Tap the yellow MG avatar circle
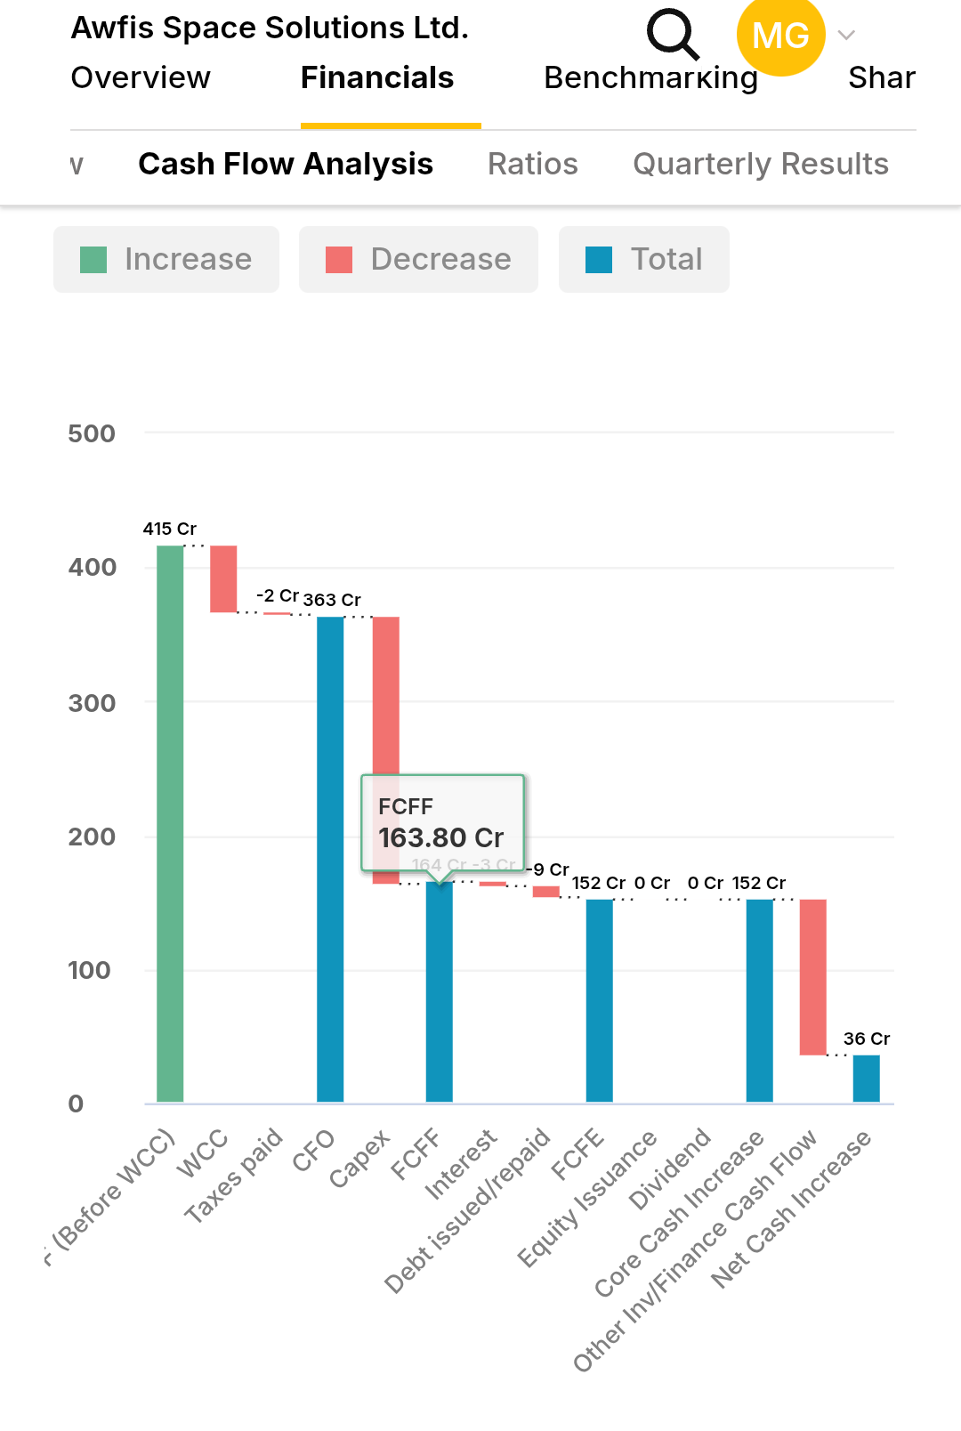[780, 36]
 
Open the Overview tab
[141, 78]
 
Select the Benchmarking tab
[650, 78]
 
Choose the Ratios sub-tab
[532, 165]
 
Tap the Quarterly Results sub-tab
[760, 165]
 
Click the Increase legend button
[166, 260]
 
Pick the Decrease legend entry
[418, 260]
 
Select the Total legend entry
[643, 260]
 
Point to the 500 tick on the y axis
[92, 434]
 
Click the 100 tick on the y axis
[90, 970]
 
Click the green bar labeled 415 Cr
[170, 823]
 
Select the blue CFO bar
[330, 859]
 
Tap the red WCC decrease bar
[223, 578]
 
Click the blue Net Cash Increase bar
[866, 1079]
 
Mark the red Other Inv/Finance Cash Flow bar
[812, 977]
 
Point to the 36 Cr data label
[866, 1039]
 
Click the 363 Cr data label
[332, 600]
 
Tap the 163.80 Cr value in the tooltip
[440, 838]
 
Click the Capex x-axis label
[359, 1159]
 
